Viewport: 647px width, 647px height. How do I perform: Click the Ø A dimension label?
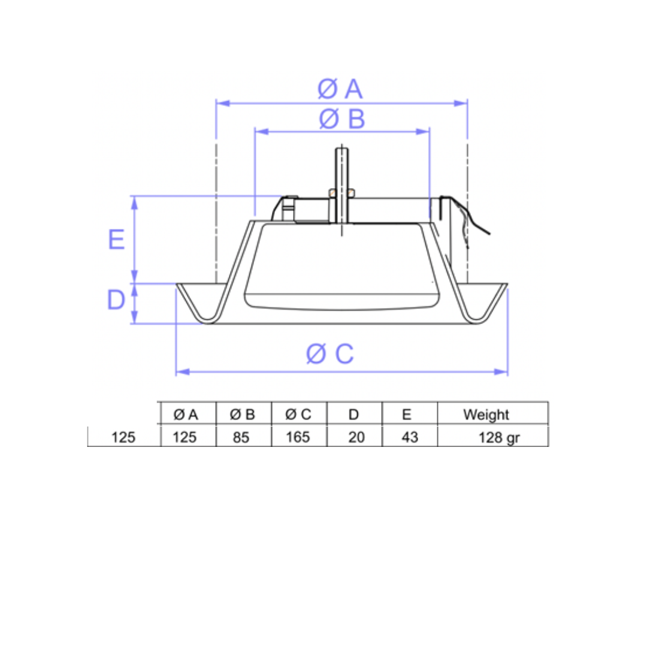click(x=340, y=89)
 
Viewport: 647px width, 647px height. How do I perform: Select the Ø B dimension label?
click(x=342, y=119)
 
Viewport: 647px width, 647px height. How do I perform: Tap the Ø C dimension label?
click(x=330, y=354)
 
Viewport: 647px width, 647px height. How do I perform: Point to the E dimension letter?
click(x=116, y=240)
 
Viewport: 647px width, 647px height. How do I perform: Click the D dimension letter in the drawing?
click(x=116, y=300)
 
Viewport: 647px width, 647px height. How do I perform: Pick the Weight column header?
click(x=486, y=414)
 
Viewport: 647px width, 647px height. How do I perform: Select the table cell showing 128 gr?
click(x=498, y=437)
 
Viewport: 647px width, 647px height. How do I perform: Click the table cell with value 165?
click(x=298, y=437)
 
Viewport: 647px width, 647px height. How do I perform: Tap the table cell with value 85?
click(x=241, y=437)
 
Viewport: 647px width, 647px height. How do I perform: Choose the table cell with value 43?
click(x=410, y=437)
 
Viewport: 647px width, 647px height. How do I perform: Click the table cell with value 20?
click(x=356, y=437)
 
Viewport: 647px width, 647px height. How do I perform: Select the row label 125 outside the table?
click(x=124, y=437)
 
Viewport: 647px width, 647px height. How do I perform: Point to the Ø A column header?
click(x=185, y=414)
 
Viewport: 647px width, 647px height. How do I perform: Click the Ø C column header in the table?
click(x=298, y=414)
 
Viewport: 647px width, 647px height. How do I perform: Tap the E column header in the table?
click(x=406, y=414)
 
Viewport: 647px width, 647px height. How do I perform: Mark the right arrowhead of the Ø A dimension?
click(x=462, y=103)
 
